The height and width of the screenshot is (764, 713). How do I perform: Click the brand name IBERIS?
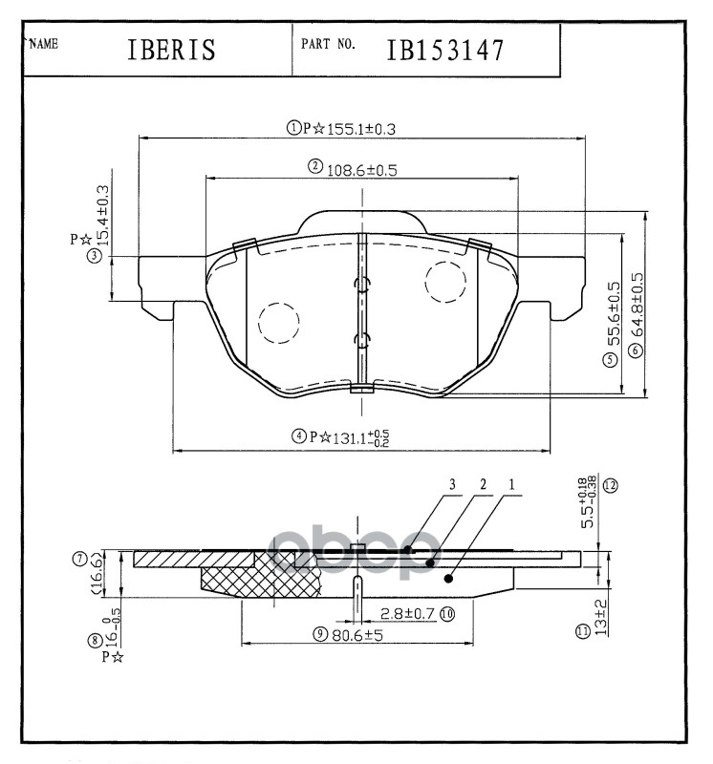coord(171,51)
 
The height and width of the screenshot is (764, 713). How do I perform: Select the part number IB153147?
coord(444,51)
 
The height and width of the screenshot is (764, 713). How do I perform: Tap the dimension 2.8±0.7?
coord(407,613)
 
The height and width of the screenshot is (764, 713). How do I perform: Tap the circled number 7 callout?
coord(80,559)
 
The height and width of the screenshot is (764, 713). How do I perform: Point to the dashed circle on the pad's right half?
coord(445,281)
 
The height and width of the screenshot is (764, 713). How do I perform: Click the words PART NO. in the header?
coord(329,44)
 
